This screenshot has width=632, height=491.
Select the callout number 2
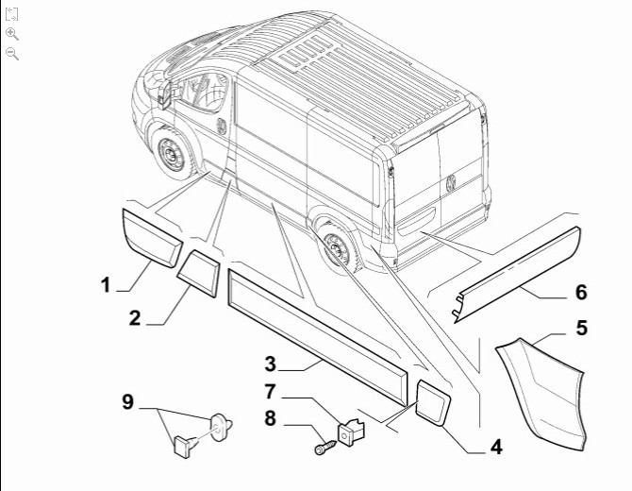(135, 318)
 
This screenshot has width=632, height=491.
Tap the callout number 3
(270, 364)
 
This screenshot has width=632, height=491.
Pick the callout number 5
(581, 329)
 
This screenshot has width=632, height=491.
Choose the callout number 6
(581, 292)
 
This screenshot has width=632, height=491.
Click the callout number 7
(270, 391)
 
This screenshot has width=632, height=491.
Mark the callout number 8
(270, 418)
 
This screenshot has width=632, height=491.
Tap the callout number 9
(127, 402)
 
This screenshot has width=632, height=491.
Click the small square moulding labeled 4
(434, 402)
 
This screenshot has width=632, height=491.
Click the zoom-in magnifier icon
(11, 33)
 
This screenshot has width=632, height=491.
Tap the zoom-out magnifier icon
(11, 53)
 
